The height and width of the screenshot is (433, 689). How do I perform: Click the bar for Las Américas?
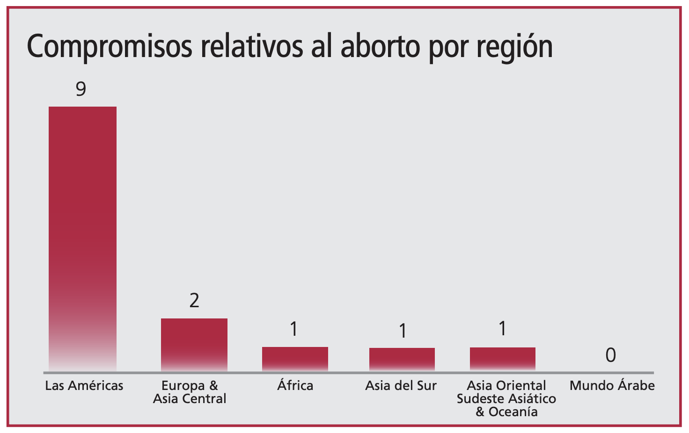[x=82, y=238]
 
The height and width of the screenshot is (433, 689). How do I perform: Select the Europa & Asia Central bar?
[x=194, y=345]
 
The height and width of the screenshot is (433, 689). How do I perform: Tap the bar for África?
[x=295, y=359]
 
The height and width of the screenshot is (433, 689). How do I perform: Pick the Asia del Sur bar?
[x=402, y=359]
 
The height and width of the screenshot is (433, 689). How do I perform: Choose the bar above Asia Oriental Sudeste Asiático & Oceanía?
[x=503, y=359]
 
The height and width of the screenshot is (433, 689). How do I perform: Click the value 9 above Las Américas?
[x=81, y=89]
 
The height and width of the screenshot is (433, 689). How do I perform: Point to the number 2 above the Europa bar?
[x=194, y=300]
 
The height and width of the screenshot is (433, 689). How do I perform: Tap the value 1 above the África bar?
[x=294, y=329]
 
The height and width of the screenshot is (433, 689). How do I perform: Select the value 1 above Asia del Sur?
[x=402, y=331]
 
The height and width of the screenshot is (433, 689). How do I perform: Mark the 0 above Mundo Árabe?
[x=610, y=355]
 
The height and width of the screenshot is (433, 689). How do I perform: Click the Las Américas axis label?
[x=84, y=386]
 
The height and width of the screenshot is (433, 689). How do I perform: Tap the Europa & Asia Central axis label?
[x=190, y=392]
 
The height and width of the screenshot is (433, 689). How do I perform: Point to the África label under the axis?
[x=295, y=385]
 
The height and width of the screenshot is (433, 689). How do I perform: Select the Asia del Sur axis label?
[x=401, y=386]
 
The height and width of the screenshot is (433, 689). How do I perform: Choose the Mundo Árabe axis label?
[x=612, y=386]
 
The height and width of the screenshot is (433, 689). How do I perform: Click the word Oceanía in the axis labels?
[x=513, y=412]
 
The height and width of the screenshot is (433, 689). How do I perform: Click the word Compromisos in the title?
[x=110, y=47]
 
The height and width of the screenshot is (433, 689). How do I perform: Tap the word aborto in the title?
[x=381, y=47]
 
